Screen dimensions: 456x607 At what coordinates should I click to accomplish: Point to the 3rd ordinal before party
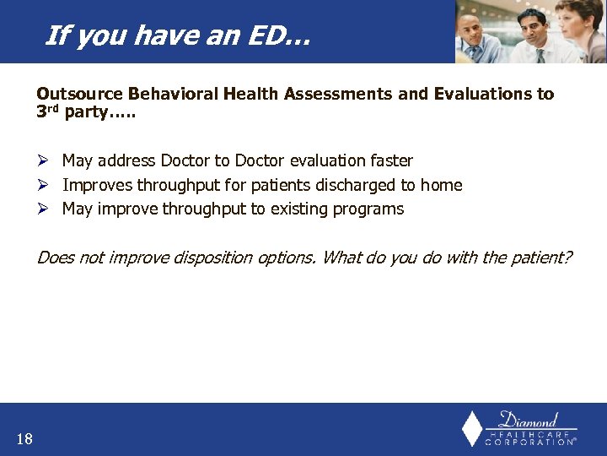tap(49, 113)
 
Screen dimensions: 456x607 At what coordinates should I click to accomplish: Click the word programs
tap(368, 209)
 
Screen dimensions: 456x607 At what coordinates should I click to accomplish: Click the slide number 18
tap(24, 438)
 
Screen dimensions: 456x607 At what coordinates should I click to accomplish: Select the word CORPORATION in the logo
tap(529, 442)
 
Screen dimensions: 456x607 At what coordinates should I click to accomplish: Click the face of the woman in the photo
tap(588, 19)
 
